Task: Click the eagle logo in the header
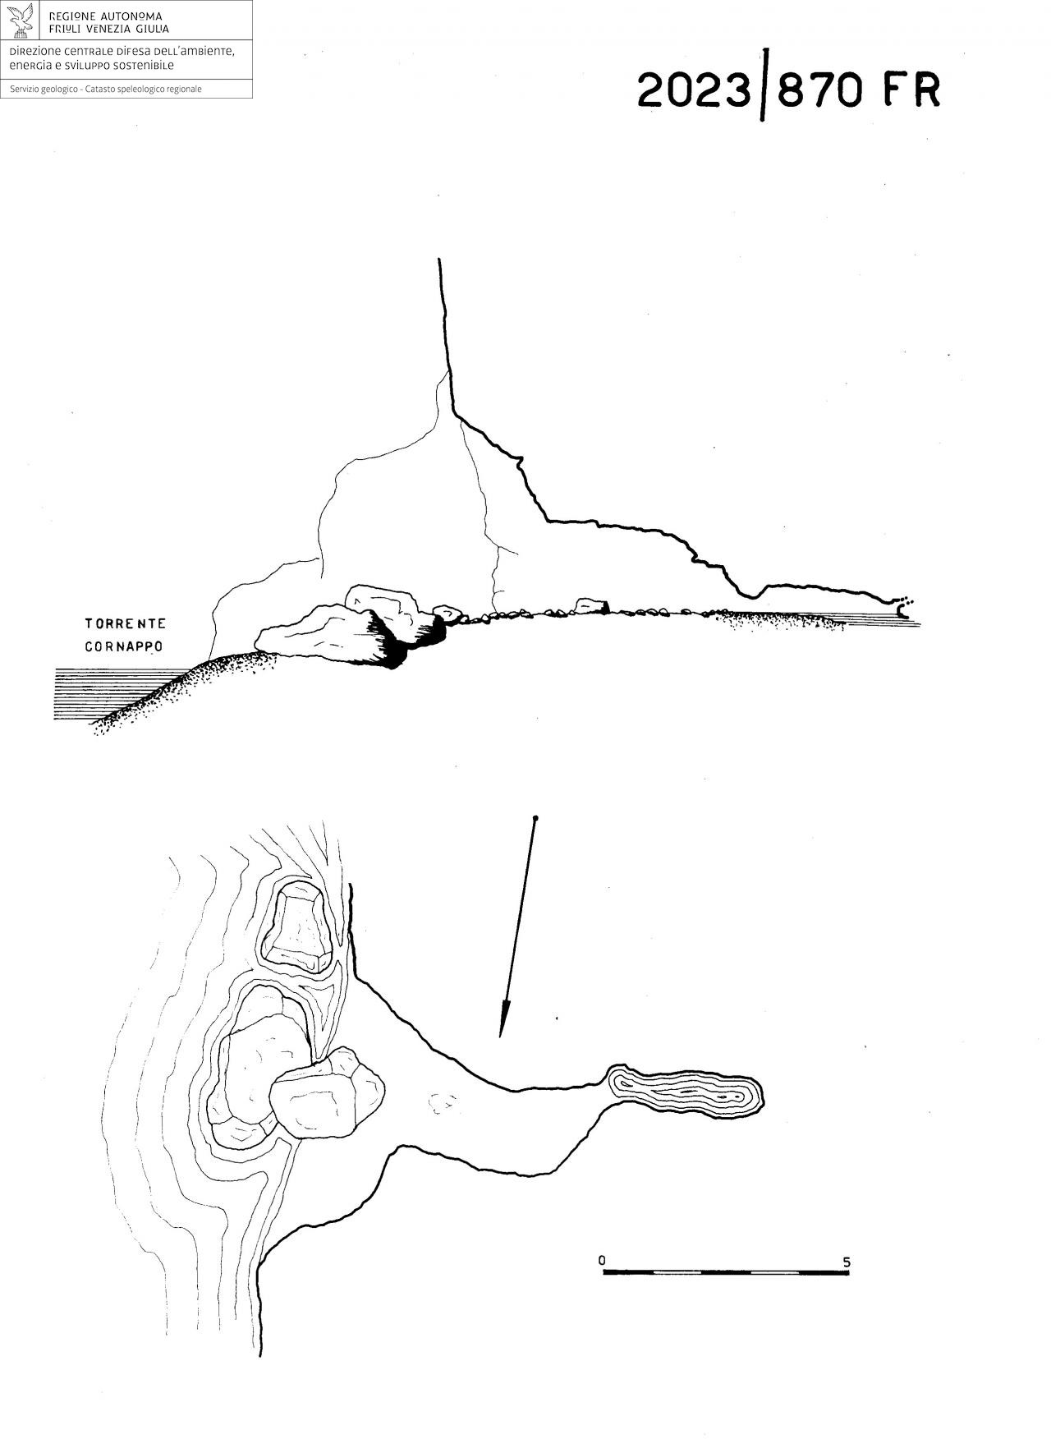tap(22, 21)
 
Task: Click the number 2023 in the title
tap(694, 90)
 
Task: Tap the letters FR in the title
tap(911, 90)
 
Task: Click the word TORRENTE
tap(126, 624)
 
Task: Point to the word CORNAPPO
tap(124, 646)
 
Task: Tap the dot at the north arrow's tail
tap(535, 819)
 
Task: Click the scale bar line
tap(726, 1273)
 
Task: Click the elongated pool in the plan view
tap(686, 1090)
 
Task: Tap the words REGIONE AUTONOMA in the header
tap(106, 16)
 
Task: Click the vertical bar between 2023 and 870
tap(764, 85)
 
